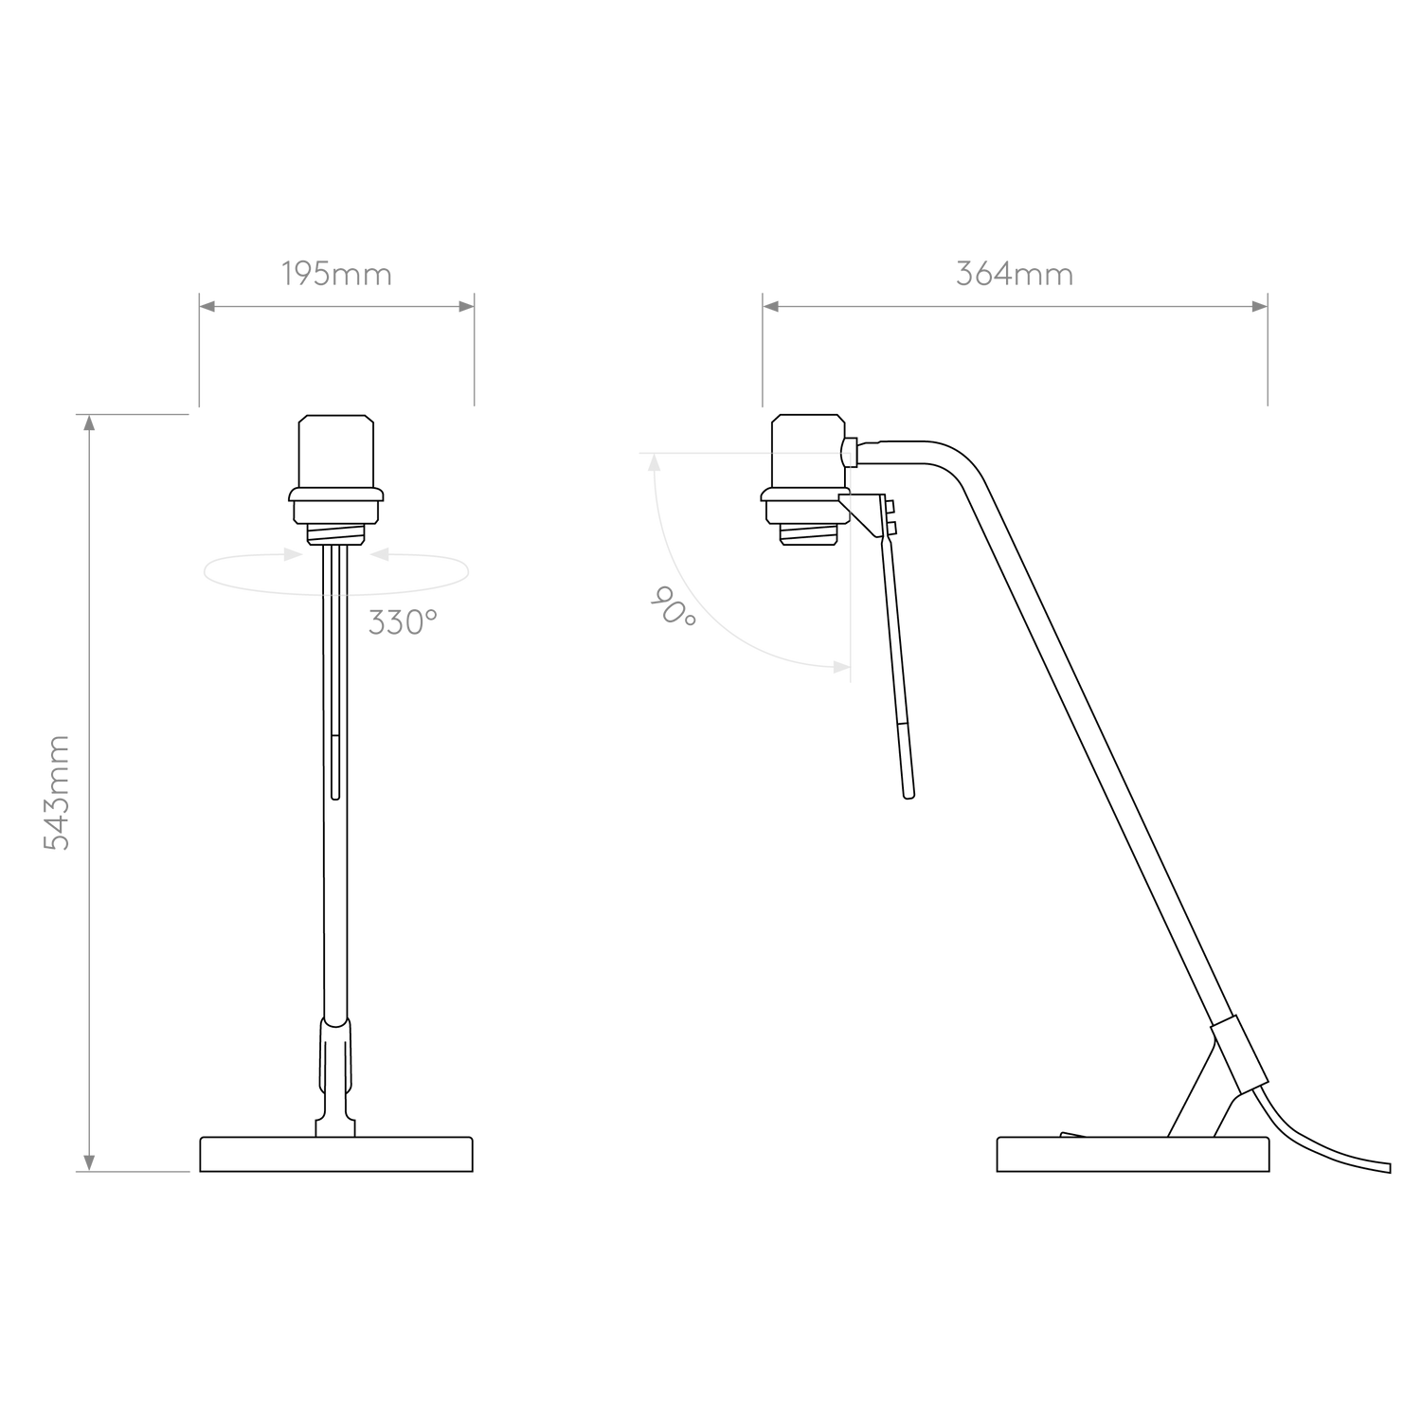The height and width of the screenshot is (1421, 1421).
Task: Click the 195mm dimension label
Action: [x=336, y=275]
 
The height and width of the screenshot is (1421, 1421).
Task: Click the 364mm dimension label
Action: [x=1014, y=275]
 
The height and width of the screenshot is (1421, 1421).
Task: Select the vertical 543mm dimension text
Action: [x=59, y=792]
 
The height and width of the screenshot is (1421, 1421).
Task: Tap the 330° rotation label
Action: [x=403, y=624]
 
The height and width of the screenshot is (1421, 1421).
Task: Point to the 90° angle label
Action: [x=674, y=605]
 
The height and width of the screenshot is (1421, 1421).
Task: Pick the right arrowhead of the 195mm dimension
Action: [x=464, y=306]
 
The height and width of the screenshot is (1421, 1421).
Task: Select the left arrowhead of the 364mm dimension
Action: [x=772, y=306]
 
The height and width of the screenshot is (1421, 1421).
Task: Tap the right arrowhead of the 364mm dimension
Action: [x=1257, y=306]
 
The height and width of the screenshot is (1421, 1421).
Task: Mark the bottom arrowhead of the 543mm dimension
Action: [x=89, y=1160]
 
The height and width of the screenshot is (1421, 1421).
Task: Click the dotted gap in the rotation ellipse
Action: [x=336, y=595]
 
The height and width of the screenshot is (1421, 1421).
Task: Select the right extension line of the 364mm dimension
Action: [x=1268, y=351]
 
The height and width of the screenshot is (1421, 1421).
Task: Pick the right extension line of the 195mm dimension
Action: [x=474, y=351]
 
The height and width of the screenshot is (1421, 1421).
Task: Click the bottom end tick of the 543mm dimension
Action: [x=133, y=1172]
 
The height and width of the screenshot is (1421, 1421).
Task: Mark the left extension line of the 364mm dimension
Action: [x=762, y=351]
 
